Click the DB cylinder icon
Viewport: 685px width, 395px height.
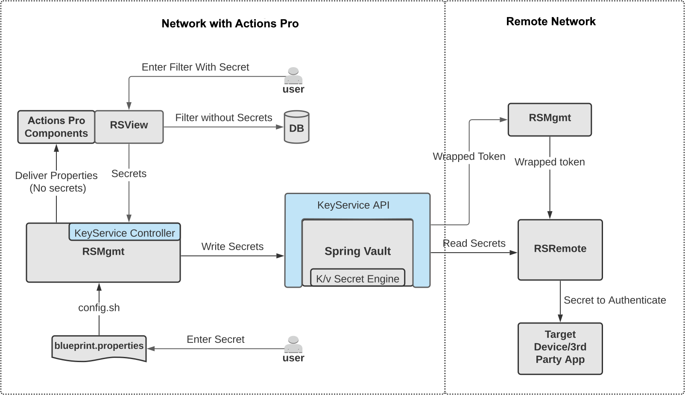click(x=296, y=127)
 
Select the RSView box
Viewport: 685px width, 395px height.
click(x=129, y=127)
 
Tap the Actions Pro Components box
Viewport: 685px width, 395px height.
click(x=56, y=127)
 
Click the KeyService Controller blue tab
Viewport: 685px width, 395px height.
click(x=124, y=233)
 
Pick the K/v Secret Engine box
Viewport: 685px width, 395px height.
click(x=357, y=278)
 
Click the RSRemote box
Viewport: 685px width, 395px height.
click(x=560, y=250)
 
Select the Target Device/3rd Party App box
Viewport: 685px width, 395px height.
click(x=560, y=348)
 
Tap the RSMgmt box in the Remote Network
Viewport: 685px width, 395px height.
click(x=550, y=119)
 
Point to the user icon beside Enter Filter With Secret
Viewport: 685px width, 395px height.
click(x=293, y=76)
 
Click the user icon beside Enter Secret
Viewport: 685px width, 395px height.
click(x=293, y=345)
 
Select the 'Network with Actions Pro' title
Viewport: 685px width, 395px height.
click(x=230, y=24)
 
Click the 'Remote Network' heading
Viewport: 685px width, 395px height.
click(x=550, y=22)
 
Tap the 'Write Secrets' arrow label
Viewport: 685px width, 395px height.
click(x=232, y=247)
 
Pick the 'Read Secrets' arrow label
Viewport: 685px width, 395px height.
click(x=474, y=244)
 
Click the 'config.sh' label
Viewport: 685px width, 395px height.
click(x=99, y=308)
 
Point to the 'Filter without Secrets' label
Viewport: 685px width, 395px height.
click(x=223, y=118)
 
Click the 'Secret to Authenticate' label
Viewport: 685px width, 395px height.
click(x=615, y=301)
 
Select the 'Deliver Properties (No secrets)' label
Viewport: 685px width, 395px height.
click(x=56, y=182)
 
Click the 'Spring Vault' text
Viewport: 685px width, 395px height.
click(x=357, y=251)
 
